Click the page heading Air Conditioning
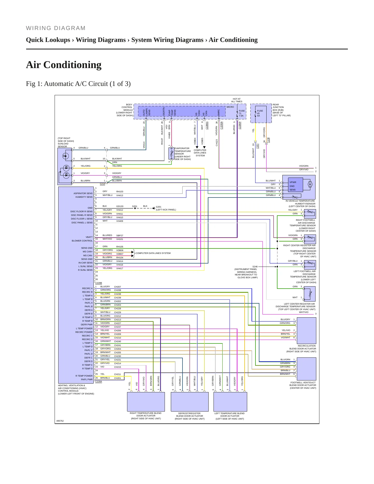(64, 65)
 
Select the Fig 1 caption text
(78, 84)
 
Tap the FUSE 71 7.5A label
(241, 113)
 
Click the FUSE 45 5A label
(260, 113)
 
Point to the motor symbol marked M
(310, 184)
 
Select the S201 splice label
(135, 206)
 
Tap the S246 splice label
(255, 267)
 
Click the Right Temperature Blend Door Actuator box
(146, 402)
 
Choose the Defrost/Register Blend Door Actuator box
(190, 402)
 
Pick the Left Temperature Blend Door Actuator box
(230, 402)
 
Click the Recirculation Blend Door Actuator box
(306, 331)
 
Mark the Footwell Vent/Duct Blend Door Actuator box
(306, 369)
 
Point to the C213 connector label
(102, 184)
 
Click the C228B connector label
(99, 283)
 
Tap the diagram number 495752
(60, 421)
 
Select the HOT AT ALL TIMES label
(237, 100)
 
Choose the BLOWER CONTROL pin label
(82, 241)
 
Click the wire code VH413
(120, 195)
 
